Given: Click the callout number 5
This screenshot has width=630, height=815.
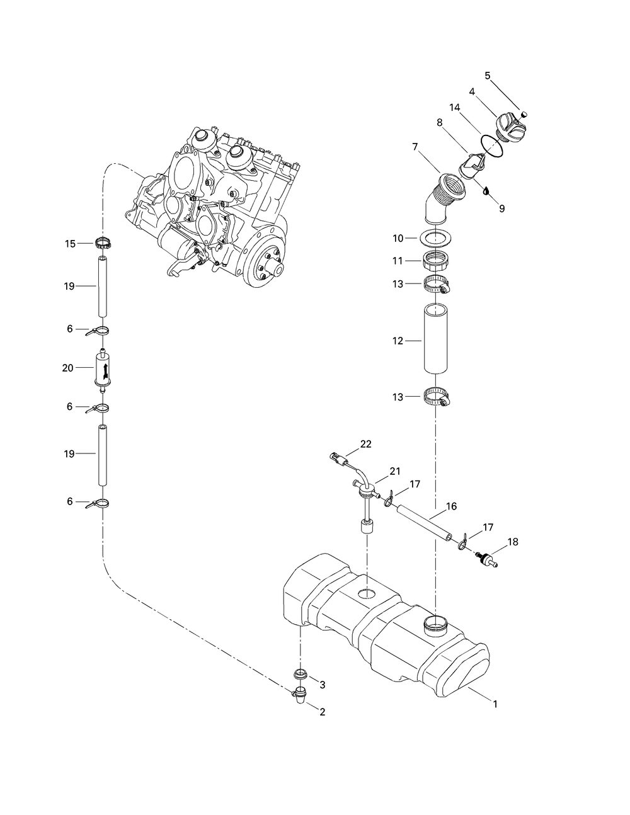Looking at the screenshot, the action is pyautogui.click(x=487, y=76).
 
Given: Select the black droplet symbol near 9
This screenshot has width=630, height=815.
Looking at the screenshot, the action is pyautogui.click(x=486, y=191).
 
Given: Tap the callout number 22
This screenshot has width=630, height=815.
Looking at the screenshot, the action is pyautogui.click(x=365, y=444).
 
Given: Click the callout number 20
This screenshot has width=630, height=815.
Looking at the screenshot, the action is pyautogui.click(x=67, y=368).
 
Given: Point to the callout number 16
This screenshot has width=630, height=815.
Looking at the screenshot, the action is pyautogui.click(x=452, y=506).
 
